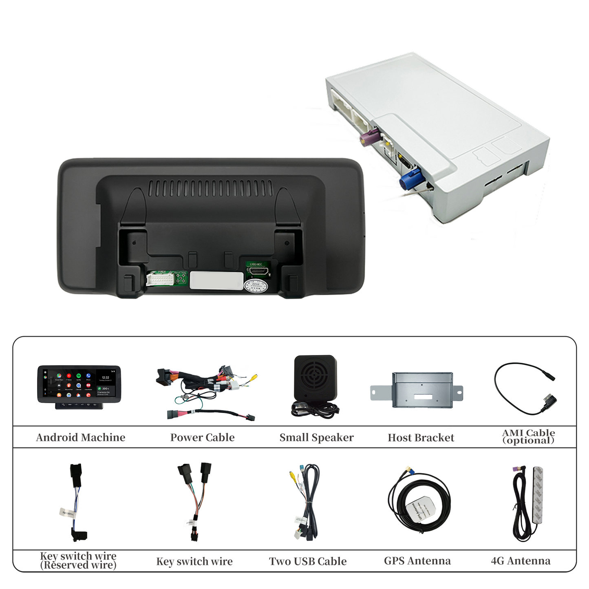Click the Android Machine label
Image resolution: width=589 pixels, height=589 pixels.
[x=81, y=437]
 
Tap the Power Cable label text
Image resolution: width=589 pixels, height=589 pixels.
[x=202, y=437]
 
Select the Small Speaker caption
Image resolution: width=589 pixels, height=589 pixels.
[x=316, y=437]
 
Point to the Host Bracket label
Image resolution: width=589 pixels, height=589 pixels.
[x=421, y=438]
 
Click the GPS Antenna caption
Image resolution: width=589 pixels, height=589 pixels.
[x=417, y=561]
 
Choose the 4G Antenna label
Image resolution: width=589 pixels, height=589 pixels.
[x=521, y=561]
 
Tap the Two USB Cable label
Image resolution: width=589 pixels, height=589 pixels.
[x=308, y=561]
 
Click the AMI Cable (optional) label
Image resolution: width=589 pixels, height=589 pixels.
[x=528, y=436]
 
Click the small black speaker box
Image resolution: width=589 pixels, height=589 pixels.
[x=315, y=377]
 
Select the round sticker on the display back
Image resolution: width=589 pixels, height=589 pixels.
[x=256, y=286]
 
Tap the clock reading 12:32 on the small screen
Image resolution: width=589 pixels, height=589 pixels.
[x=106, y=377]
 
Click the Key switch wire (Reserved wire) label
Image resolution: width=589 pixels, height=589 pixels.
[x=78, y=560]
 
